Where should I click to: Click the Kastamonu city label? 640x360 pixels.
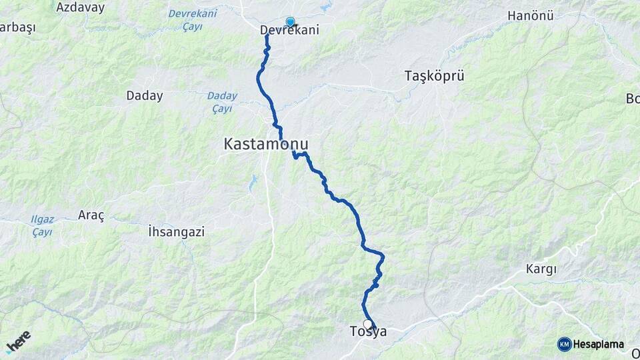pyautogui.click(x=267, y=143)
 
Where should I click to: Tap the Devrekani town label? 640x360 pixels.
pyautogui.click(x=289, y=30)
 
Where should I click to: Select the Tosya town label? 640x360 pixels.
pyautogui.click(x=367, y=331)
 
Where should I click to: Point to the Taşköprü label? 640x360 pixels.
pyautogui.click(x=434, y=76)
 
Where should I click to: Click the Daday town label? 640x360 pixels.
pyautogui.click(x=145, y=96)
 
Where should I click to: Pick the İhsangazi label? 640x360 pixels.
pyautogui.click(x=176, y=232)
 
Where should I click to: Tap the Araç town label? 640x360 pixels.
pyautogui.click(x=91, y=215)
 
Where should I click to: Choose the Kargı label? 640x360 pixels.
pyautogui.click(x=541, y=269)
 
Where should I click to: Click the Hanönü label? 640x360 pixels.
pyautogui.click(x=531, y=15)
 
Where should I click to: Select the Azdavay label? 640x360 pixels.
pyautogui.click(x=81, y=7)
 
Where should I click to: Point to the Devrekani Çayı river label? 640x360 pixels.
pyautogui.click(x=193, y=20)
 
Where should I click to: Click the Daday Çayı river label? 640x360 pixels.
pyautogui.click(x=221, y=101)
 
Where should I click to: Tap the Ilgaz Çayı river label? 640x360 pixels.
pyautogui.click(x=42, y=225)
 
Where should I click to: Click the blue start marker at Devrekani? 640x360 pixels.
pyautogui.click(x=290, y=21)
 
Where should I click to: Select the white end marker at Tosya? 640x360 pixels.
pyautogui.click(x=367, y=324)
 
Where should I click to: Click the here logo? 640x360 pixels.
pyautogui.click(x=18, y=341)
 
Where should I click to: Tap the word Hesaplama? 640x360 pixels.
pyautogui.click(x=598, y=345)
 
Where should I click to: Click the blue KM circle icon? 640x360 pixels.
pyautogui.click(x=564, y=345)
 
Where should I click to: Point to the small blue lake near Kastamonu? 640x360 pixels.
pyautogui.click(x=253, y=182)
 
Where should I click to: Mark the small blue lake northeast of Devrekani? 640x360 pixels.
pyautogui.click(x=325, y=8)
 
